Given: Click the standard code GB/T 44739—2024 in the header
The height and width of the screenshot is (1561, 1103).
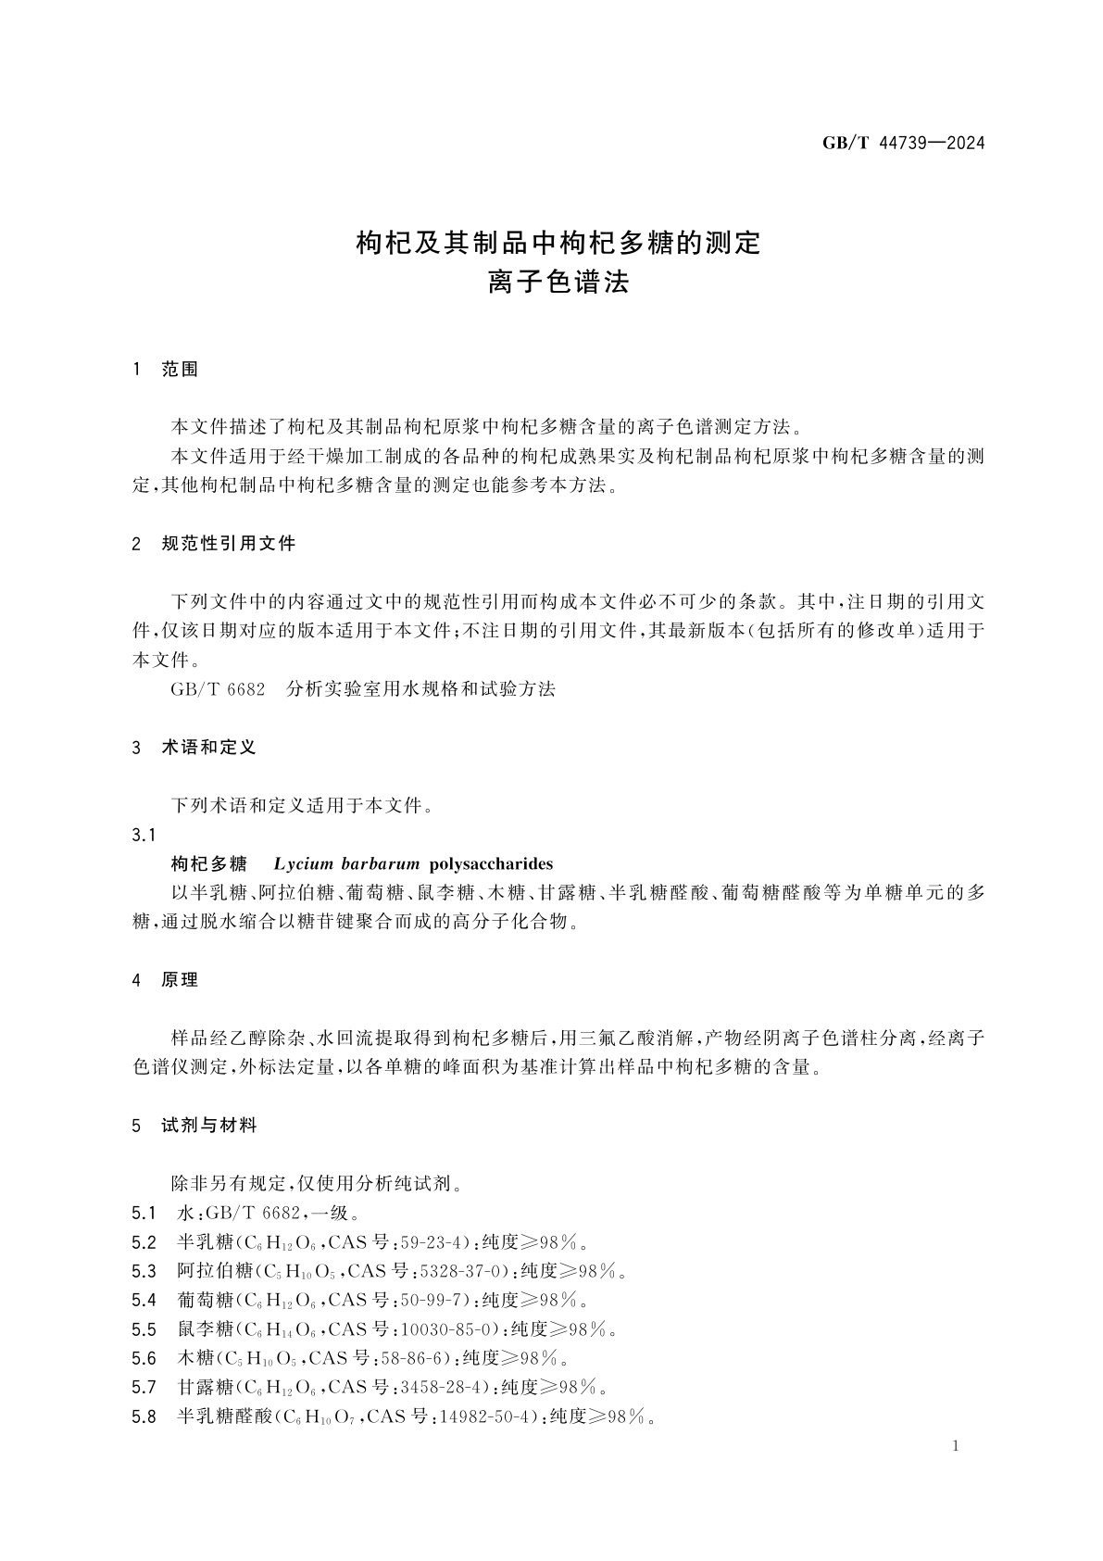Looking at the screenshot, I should (x=903, y=143).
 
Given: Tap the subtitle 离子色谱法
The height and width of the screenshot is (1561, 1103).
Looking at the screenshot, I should (x=558, y=282).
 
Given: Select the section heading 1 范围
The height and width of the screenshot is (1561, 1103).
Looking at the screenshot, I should (x=166, y=370).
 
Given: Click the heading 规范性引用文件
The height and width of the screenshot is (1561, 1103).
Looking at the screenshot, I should (x=228, y=544).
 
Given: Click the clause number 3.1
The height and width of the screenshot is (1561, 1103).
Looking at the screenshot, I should (x=144, y=835).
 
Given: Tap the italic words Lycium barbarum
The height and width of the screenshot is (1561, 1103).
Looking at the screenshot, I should (x=347, y=864).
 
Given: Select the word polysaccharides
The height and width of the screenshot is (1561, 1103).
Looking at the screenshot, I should (x=491, y=864).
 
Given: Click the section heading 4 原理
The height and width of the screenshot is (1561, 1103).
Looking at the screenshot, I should (x=166, y=980).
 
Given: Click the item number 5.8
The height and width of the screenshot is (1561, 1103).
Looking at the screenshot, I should (x=144, y=1416).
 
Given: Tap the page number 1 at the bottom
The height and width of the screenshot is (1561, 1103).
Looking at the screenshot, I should (x=957, y=1447).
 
